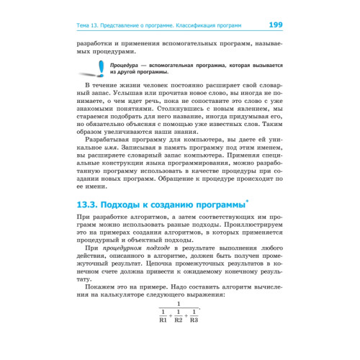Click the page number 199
(275, 25)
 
